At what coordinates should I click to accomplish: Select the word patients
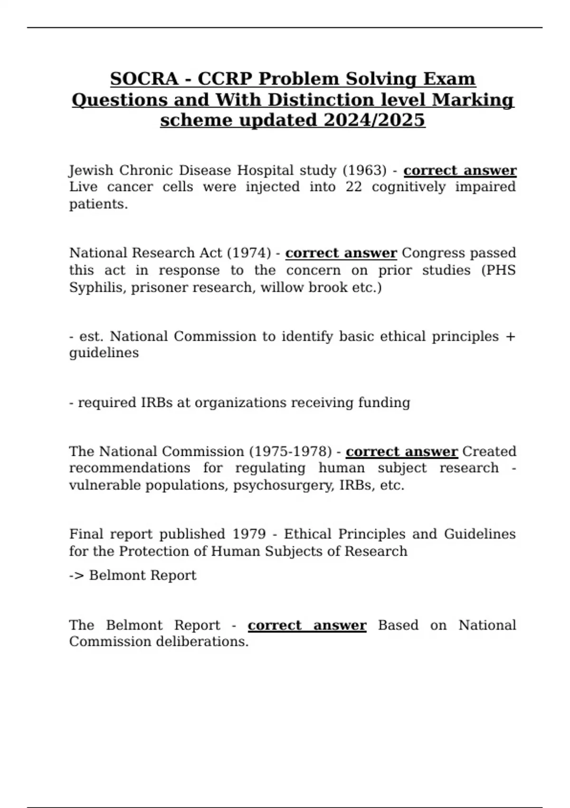click(x=98, y=204)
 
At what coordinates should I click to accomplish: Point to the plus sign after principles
click(x=511, y=337)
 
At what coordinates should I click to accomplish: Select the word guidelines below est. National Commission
click(x=104, y=353)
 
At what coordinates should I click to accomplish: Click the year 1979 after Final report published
click(x=249, y=534)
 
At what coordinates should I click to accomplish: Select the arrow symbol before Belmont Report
click(x=76, y=575)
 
